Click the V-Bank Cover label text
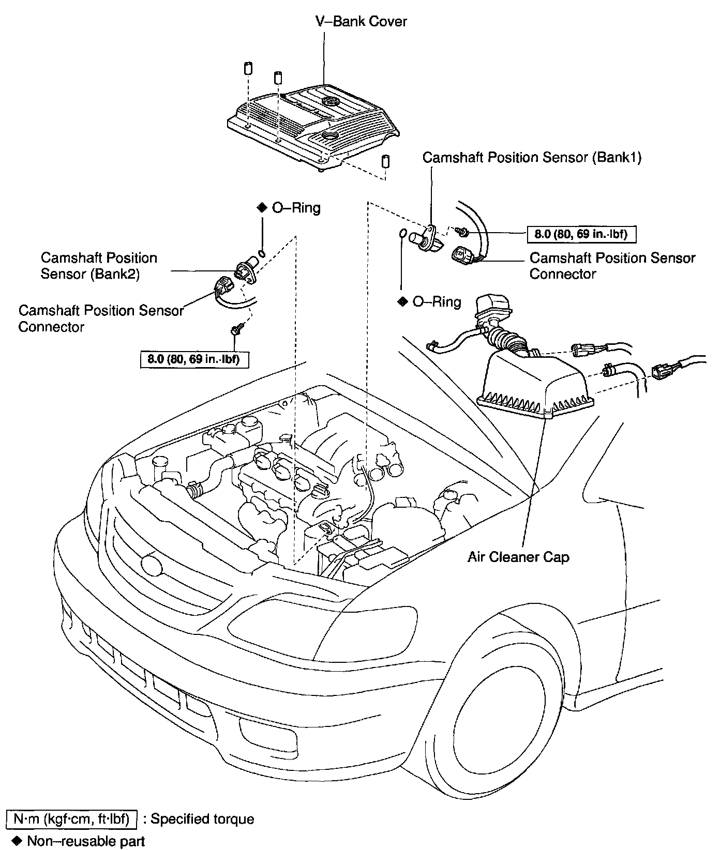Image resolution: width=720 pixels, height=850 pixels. pos(361,22)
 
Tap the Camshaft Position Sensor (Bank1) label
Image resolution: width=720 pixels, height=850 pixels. pos(532,158)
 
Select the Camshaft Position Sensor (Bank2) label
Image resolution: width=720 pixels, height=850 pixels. pos(99,266)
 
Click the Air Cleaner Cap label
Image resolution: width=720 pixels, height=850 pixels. pos(518,557)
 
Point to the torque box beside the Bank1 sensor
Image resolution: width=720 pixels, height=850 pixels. pos(581,234)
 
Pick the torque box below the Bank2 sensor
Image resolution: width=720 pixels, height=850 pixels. pos(194,359)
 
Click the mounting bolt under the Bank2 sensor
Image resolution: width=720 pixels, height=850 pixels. pos(236,330)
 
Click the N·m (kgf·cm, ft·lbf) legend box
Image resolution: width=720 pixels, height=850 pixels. pos(72,819)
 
